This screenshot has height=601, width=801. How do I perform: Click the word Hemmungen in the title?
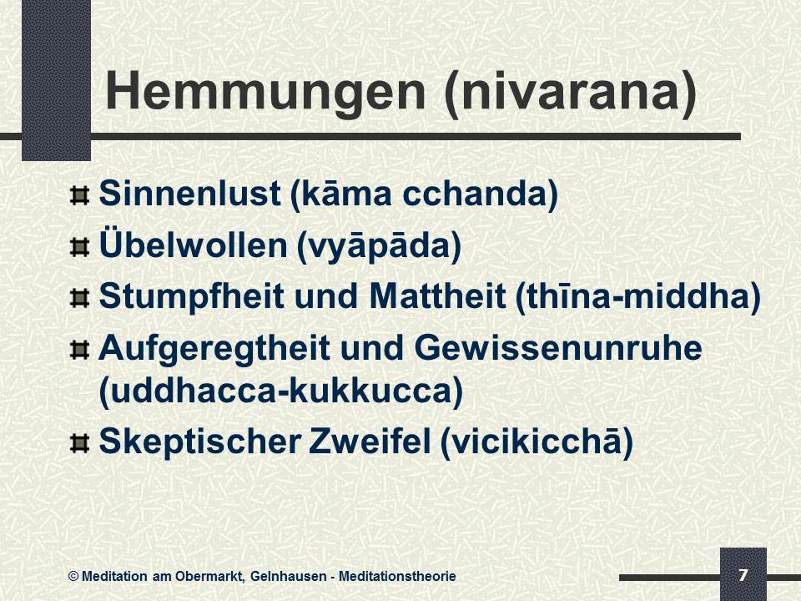(265, 92)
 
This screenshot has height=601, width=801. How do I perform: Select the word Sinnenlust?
(189, 194)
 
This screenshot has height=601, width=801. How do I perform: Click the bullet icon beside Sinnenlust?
(79, 195)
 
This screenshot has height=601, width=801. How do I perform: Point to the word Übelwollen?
(193, 245)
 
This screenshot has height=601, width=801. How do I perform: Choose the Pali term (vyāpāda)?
(379, 247)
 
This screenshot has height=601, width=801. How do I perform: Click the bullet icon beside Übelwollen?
(79, 247)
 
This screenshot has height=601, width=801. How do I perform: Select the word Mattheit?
(437, 295)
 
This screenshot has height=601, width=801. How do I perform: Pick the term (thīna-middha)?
(638, 297)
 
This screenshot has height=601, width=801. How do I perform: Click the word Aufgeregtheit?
(214, 349)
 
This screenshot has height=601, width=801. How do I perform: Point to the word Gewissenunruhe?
(558, 348)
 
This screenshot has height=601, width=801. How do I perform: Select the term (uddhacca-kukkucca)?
(281, 391)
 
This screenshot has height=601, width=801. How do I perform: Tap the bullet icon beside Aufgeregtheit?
(79, 351)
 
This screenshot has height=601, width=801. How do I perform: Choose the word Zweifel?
(370, 441)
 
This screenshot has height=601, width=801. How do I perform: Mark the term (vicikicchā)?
(537, 442)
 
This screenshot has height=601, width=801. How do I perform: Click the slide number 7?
(743, 575)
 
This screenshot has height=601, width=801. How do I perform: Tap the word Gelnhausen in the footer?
(288, 577)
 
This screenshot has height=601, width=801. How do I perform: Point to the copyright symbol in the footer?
(73, 577)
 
